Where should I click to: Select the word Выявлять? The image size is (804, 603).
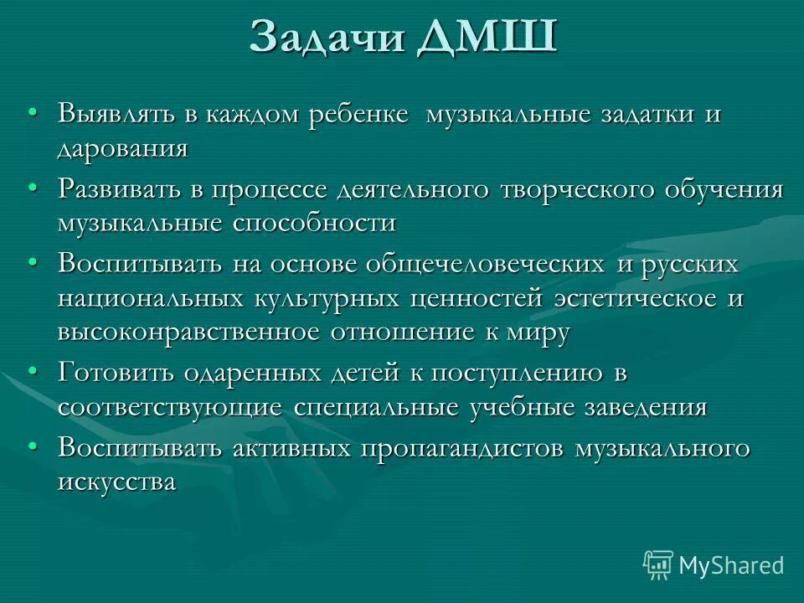[118, 115]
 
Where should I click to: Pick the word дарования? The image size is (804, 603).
[122, 148]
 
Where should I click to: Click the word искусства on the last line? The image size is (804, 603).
[116, 482]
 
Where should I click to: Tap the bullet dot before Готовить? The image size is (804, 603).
[32, 371]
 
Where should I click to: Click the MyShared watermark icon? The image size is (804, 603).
[657, 564]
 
